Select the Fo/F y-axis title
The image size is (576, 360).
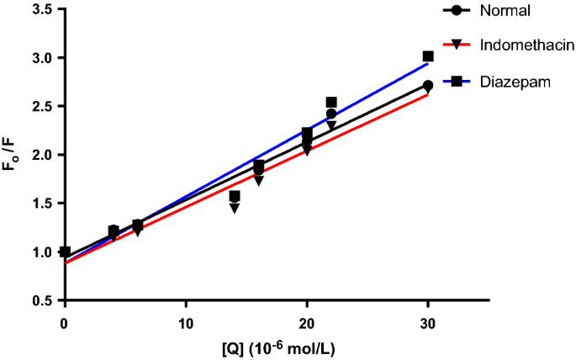[11, 154]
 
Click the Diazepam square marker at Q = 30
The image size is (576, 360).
[428, 56]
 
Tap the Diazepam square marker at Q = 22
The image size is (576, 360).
[331, 103]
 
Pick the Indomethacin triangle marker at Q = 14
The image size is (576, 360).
[235, 208]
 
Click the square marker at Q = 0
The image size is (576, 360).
[65, 251]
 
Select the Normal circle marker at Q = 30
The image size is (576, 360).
[428, 86]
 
